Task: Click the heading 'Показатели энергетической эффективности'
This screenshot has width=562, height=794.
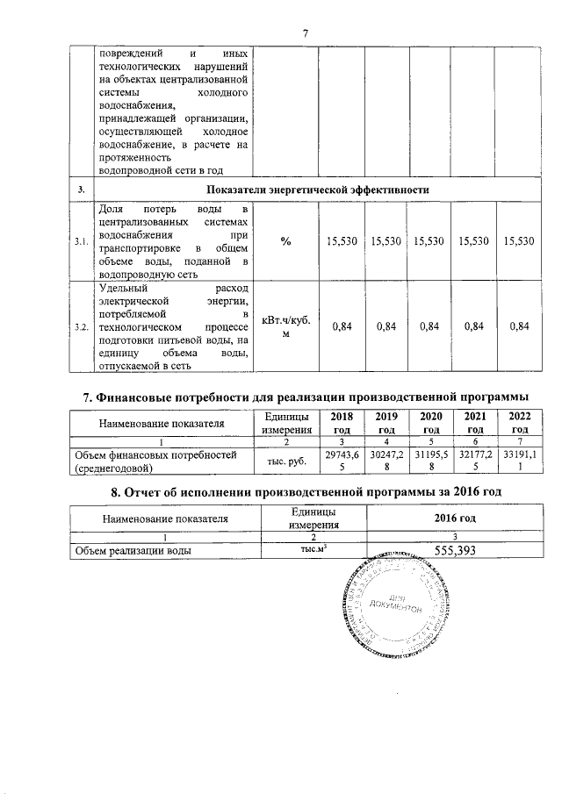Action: point(317,190)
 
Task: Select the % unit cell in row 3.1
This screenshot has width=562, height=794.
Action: point(286,240)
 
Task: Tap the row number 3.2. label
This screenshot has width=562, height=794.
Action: point(81,326)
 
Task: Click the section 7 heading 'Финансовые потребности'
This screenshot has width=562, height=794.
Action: point(306,399)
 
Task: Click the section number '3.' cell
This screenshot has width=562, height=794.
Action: point(81,190)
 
